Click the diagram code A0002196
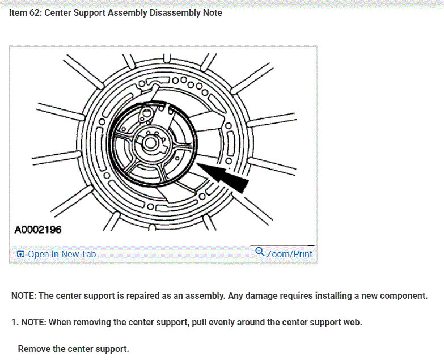coord(37,230)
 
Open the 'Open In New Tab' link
coord(61,254)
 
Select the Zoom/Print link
coord(289,254)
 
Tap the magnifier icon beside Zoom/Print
coord(260,252)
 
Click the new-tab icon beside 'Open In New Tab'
coord(20,254)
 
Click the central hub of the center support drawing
coord(151,142)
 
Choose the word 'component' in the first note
coord(404,296)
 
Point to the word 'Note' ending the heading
coord(213,12)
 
